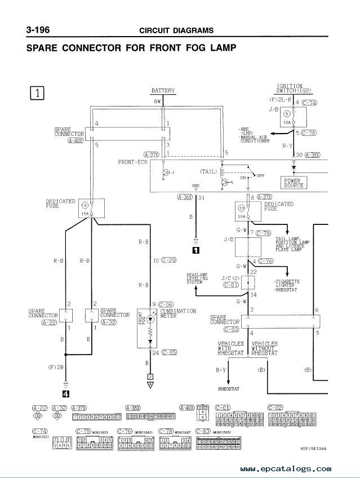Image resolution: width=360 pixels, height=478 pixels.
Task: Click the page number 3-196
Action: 42,29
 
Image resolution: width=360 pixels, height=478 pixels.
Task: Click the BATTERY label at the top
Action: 163,91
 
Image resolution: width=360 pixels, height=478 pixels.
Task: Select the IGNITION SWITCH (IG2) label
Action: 290,88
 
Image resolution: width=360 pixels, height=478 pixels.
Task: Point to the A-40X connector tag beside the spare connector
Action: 75,142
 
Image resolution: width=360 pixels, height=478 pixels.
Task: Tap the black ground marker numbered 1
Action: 195,247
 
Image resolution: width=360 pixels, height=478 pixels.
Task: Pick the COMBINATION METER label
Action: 177,313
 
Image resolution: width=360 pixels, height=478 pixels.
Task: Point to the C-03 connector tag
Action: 232,328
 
